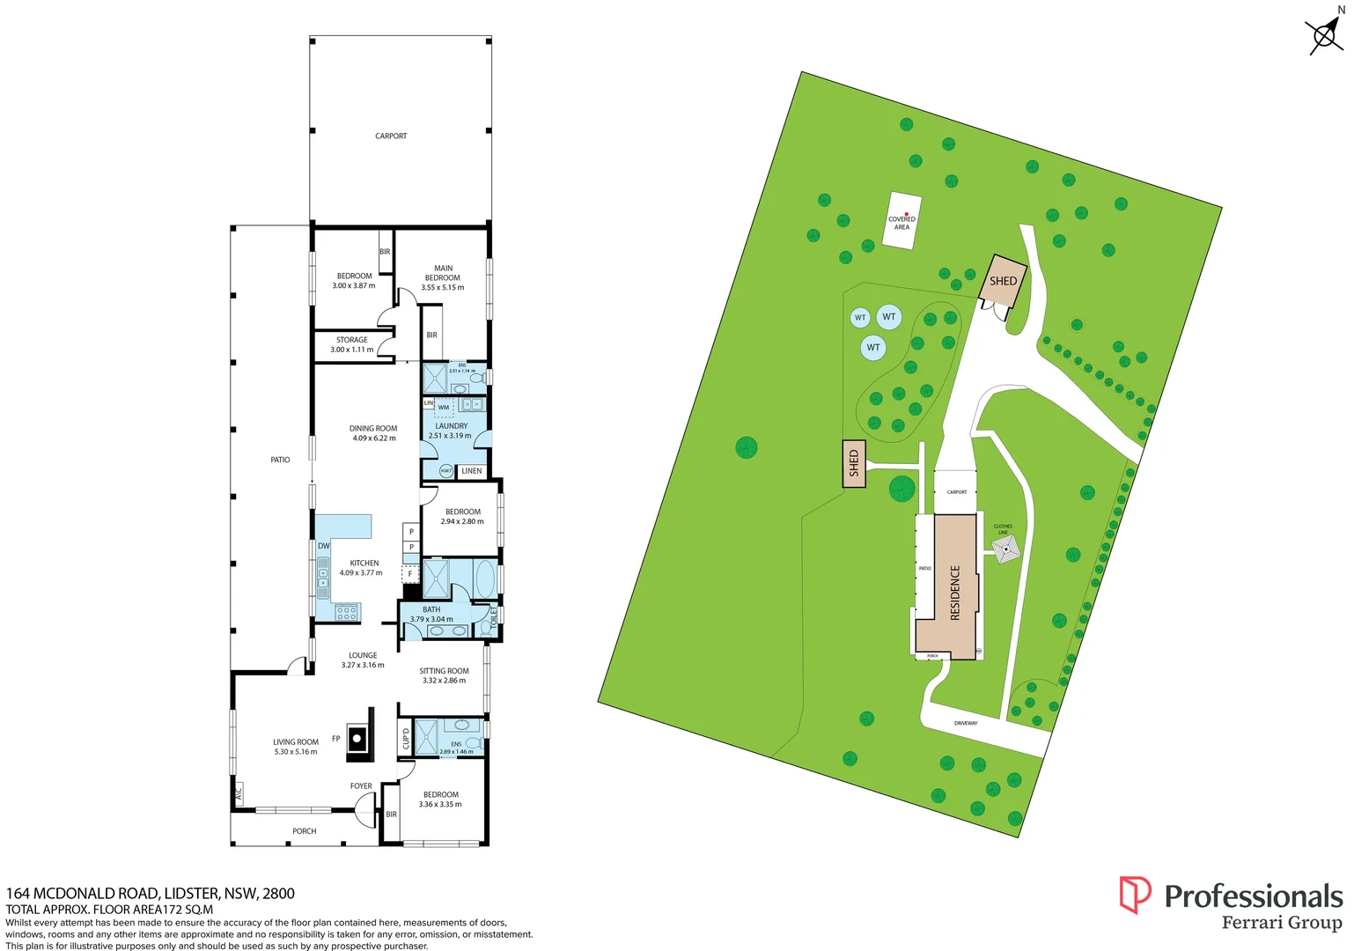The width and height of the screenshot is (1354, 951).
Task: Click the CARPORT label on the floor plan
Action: pos(391,136)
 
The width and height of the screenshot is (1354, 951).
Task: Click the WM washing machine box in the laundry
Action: pos(444,408)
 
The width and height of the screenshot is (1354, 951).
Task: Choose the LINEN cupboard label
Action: pos(472,471)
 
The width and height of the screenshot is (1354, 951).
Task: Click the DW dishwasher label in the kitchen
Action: pos(323,546)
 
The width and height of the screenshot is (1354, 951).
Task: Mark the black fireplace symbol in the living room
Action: pos(357,738)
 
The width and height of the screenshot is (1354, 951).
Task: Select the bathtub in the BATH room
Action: pos(485,579)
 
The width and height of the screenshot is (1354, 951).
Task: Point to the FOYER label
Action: pos(361,786)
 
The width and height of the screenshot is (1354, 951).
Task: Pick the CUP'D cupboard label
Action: pos(406,739)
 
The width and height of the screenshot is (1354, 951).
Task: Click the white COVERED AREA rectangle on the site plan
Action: pos(902,221)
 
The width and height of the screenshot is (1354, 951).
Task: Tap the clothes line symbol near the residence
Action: pos(1005,549)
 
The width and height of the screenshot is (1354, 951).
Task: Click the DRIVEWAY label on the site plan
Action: pos(966,724)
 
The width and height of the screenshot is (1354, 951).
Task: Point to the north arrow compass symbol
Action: pos(1324,35)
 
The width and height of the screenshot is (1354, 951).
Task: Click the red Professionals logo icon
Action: pos(1134,895)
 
